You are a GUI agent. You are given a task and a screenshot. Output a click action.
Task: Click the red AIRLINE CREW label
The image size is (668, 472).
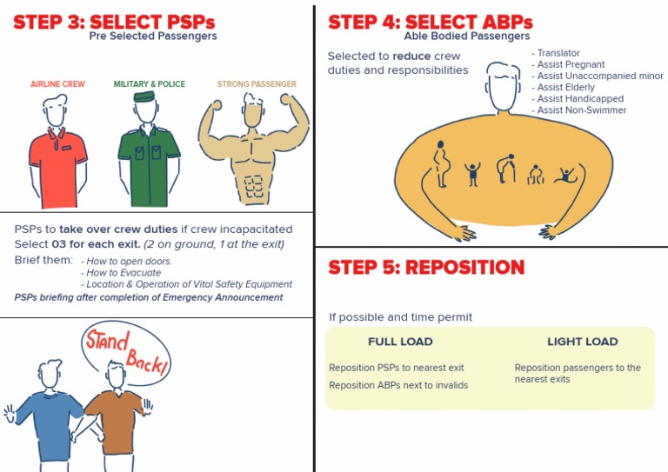coord(57,83)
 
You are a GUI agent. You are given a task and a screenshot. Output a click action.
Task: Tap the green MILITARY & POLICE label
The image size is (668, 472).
coord(149,83)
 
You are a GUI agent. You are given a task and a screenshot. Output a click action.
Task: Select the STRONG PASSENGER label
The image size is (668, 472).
coord(257,83)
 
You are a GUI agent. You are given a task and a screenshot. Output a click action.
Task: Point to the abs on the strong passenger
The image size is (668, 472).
coord(253,186)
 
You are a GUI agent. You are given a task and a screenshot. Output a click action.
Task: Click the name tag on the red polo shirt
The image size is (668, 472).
coord(66,148)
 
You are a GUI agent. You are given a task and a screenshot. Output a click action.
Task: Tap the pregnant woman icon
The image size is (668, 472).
coord(441,164)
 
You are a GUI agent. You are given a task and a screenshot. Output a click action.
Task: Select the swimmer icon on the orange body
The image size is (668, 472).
coord(565,175)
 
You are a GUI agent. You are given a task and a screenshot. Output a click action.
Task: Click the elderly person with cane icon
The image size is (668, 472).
coord(506,169)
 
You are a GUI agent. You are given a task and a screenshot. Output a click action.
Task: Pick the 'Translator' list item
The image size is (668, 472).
coord(556,53)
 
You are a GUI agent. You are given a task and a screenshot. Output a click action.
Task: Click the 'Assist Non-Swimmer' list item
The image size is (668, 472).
coord(579,110)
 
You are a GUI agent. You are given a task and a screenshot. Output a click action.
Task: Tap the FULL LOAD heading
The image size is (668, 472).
coord(400,342)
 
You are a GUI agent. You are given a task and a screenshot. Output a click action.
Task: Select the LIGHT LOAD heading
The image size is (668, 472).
coord(583,342)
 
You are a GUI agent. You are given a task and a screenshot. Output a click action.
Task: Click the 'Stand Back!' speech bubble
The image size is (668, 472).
coord(127,352)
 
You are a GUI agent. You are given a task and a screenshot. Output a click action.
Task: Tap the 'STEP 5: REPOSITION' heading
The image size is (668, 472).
coord(426,267)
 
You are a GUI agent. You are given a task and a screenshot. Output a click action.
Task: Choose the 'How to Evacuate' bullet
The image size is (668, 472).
coord(121,273)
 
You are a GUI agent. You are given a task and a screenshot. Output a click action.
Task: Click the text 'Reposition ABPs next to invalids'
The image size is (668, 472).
coord(398,385)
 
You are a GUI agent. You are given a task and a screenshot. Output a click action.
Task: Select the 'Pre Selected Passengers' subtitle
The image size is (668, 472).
coord(153,36)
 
